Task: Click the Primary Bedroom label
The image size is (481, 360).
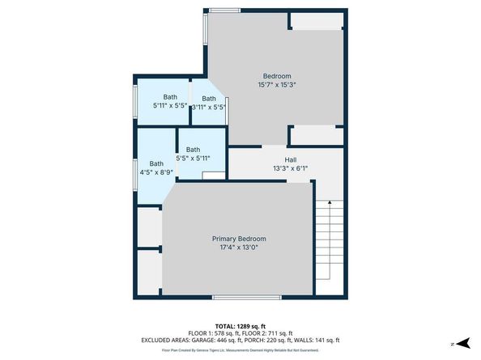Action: tap(239, 239)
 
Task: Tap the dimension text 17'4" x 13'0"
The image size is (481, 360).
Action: tap(239, 248)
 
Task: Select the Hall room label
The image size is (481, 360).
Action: tap(289, 159)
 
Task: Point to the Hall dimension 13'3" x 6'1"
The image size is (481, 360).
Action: tap(289, 168)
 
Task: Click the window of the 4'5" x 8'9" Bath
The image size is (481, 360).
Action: tap(134, 173)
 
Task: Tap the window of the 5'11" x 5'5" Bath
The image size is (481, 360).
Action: tap(134, 101)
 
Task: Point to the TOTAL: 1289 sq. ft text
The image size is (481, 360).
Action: tap(240, 324)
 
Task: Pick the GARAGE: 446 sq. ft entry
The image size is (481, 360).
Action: tap(215, 341)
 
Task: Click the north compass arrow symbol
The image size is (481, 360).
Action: tap(460, 343)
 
